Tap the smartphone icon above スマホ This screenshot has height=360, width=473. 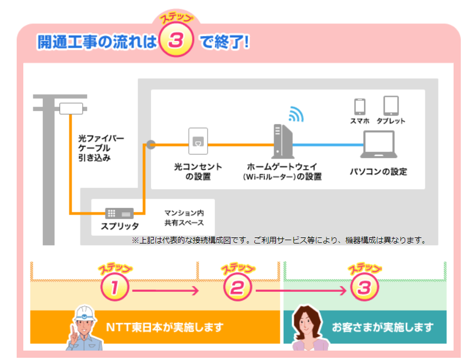(360, 106)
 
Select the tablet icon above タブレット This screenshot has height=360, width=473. (391, 105)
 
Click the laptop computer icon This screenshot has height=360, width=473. (378, 145)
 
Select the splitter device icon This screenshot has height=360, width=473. (119, 213)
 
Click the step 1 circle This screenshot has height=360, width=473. (115, 288)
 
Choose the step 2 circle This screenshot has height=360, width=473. (238, 288)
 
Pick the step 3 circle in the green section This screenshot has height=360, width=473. (364, 288)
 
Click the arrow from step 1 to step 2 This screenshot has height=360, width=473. (165, 290)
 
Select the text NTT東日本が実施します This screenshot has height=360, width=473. (164, 327)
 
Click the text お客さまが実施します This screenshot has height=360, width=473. (383, 327)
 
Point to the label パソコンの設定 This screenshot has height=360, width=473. (378, 171)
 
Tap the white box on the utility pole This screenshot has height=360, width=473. (71, 108)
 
